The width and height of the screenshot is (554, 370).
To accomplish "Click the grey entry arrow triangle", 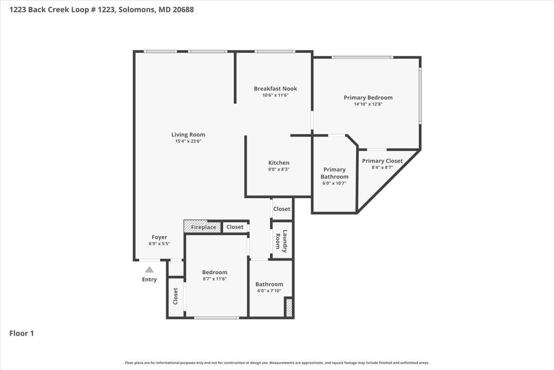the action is tap(149, 270).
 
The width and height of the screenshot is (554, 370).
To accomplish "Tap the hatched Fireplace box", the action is tap(202, 227).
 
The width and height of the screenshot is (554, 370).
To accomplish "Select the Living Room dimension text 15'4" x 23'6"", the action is tap(188, 141).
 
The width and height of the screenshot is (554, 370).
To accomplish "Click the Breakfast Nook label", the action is tap(275, 88).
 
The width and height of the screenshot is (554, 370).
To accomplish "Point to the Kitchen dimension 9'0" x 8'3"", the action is tap(279, 169).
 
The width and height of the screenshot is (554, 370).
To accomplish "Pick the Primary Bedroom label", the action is tap(368, 98).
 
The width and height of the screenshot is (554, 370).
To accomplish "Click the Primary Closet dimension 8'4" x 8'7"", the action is tap(382, 167).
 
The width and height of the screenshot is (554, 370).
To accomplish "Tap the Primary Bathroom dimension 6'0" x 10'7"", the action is tap(334, 184).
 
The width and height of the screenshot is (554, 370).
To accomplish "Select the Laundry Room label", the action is tap(282, 241).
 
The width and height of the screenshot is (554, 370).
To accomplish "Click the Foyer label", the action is tap(159, 237).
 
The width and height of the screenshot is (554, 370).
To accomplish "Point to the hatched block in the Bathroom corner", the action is tap(289, 308).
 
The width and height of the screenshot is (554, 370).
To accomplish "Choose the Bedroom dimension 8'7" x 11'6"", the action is tap(215, 279).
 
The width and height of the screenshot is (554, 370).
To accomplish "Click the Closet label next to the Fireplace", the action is tap(235, 227).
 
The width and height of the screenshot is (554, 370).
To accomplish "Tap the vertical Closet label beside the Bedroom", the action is tap(175, 296).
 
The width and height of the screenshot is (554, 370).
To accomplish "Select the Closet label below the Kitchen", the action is tap(282, 209).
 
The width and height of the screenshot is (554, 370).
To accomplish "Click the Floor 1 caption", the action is tap(22, 333).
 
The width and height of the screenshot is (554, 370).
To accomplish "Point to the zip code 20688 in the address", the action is tap(183, 10).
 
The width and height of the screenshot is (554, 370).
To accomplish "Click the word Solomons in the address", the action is tap(137, 10).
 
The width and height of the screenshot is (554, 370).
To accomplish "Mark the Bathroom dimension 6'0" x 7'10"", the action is tap(269, 291).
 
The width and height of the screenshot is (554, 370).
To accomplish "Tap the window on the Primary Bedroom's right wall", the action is tap(420, 95).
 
